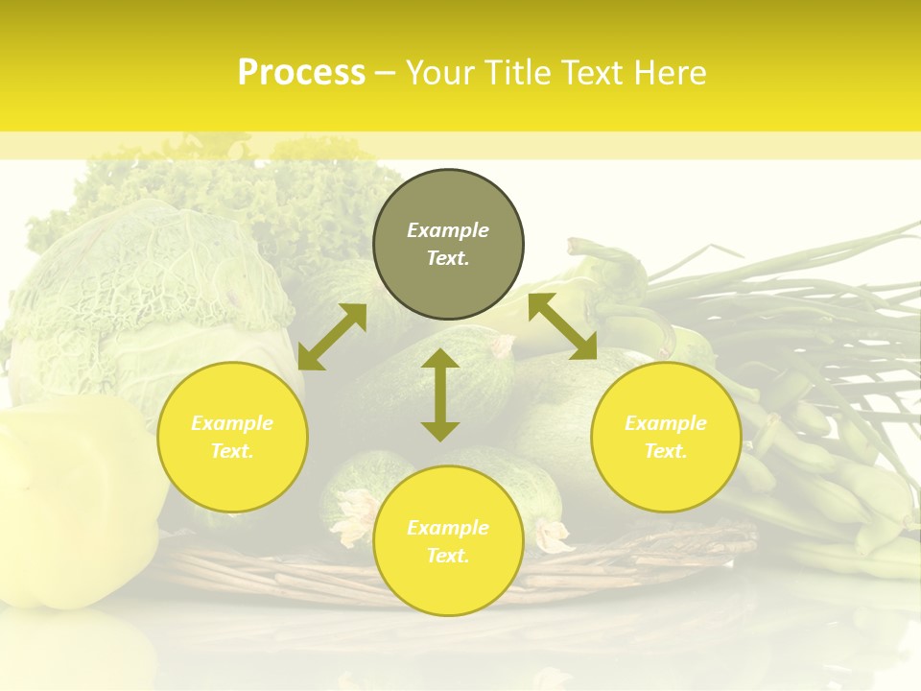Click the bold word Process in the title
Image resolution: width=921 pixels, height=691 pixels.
[301, 73]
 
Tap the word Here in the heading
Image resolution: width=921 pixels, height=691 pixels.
[669, 73]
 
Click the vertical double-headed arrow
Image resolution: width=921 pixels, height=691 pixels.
[440, 394]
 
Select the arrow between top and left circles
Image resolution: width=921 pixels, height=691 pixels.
[332, 336]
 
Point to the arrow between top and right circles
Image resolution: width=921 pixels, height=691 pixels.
[562, 326]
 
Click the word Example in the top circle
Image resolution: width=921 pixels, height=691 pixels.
[448, 230]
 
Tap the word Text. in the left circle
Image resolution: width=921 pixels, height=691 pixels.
[232, 451]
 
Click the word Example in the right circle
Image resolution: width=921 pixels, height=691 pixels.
[666, 423]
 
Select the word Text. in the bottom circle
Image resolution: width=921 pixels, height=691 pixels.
[448, 556]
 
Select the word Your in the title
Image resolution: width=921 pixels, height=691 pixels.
[444, 73]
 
